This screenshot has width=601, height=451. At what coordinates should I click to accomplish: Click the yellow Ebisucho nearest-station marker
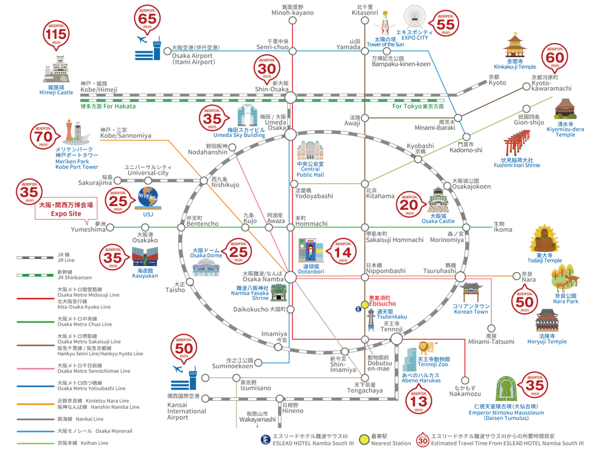(365, 304)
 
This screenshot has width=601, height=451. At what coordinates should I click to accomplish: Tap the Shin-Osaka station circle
(291, 97)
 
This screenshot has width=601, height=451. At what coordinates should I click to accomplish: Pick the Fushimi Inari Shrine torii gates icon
(516, 143)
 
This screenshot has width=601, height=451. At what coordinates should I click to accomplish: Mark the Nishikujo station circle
(204, 180)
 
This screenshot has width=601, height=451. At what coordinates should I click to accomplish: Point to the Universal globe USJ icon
(148, 198)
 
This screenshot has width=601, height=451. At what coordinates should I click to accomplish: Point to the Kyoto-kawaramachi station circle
(526, 87)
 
